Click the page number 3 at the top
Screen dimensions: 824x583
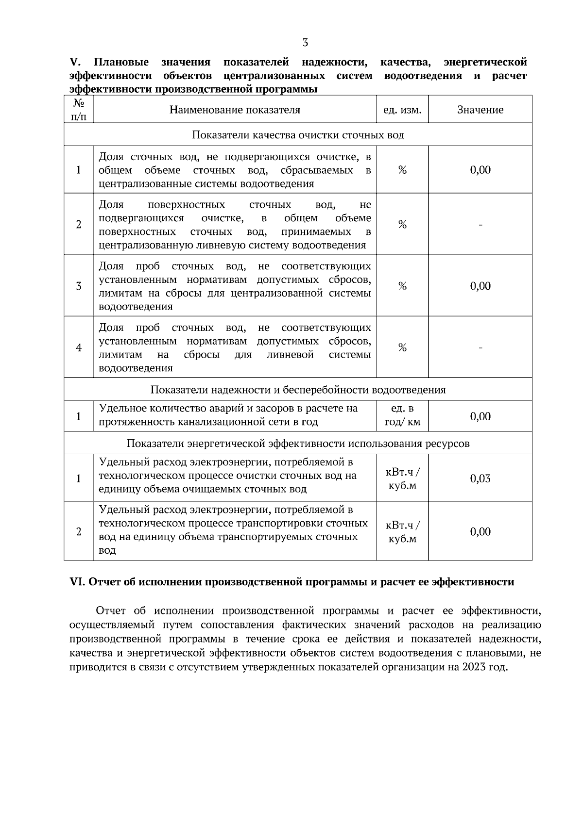point(305,43)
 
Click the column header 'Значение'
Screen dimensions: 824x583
point(480,110)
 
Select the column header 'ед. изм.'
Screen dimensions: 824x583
point(402,110)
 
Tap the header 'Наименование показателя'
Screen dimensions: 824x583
point(235,110)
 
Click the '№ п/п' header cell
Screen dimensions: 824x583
point(79,110)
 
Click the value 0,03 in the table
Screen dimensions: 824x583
point(480,478)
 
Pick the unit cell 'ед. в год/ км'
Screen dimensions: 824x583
point(402,416)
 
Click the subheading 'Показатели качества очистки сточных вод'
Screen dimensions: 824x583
point(298,135)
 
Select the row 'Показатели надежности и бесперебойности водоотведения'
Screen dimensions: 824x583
point(298,390)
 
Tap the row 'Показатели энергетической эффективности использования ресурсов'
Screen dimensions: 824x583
point(298,444)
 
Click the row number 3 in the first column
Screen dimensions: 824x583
point(79,286)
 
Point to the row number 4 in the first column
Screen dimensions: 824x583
point(79,348)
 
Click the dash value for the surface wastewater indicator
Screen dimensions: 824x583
point(480,225)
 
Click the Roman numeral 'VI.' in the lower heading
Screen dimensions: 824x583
point(78,582)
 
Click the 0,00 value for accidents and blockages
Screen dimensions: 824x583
point(480,416)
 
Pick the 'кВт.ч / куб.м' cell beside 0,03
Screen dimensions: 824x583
point(402,478)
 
